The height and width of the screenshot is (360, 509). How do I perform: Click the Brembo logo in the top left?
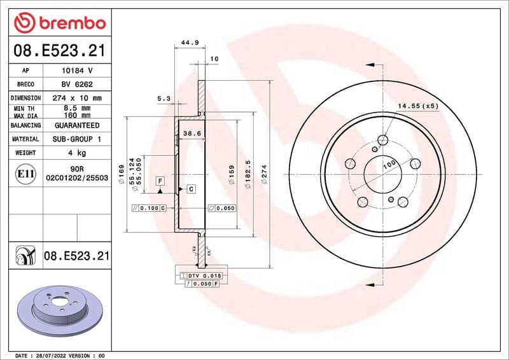[59, 22]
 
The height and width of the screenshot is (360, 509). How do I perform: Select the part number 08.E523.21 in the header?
[59, 50]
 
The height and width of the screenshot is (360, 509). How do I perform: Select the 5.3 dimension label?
[164, 99]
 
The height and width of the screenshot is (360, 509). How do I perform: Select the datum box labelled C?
[190, 189]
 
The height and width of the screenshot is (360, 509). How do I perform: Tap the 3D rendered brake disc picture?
[59, 312]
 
